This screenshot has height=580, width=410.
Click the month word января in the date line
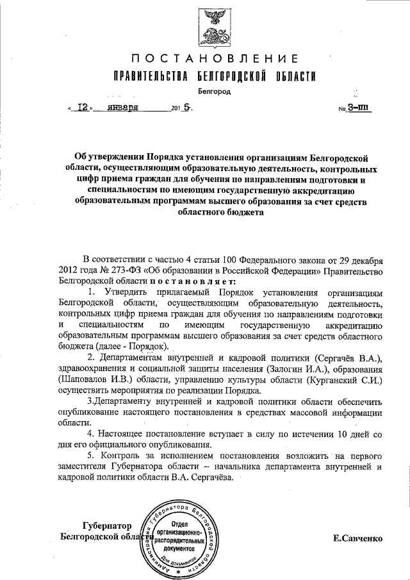click(x=123, y=108)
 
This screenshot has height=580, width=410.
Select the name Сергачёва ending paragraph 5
click(x=212, y=477)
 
